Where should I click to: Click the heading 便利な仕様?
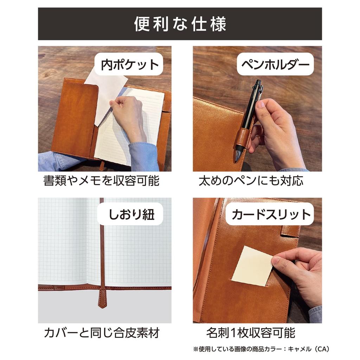click(x=180, y=24)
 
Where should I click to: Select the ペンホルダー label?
click(x=275, y=64)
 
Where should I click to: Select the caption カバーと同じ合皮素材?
click(x=102, y=332)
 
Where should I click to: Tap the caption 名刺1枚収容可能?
click(x=251, y=332)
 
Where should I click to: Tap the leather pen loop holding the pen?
click(x=242, y=137)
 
